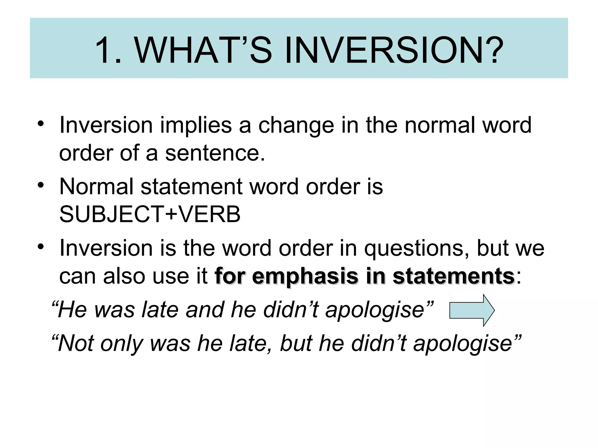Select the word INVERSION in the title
point(383,50)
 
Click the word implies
point(196,125)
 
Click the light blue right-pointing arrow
point(472,310)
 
